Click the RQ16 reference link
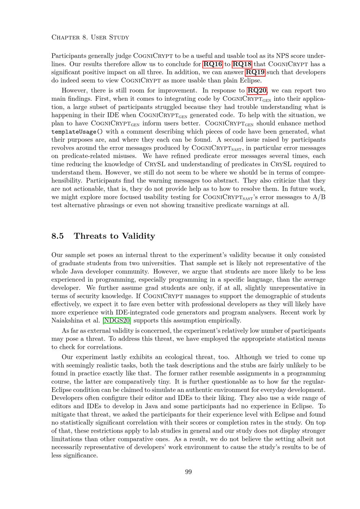point(213,64)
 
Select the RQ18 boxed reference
point(242,64)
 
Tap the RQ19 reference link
point(255,72)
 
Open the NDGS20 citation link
point(117,320)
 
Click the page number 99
point(188,472)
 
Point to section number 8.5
point(58,236)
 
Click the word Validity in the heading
point(138,236)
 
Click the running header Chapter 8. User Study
point(90,37)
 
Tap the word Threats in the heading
point(90,236)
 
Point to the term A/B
point(319,197)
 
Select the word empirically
point(224,320)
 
